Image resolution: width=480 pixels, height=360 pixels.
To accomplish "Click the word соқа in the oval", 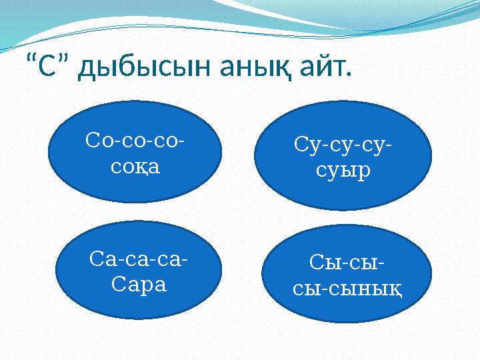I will pos(136,166).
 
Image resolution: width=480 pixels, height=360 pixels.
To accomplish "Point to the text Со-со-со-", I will pos(136,142).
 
